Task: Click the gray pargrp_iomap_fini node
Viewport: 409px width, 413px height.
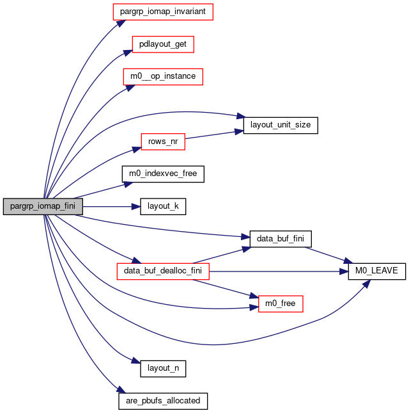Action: click(43, 206)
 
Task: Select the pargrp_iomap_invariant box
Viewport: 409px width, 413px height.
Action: click(163, 12)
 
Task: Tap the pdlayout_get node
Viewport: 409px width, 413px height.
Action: click(163, 44)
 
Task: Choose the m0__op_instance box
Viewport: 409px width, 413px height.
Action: click(163, 77)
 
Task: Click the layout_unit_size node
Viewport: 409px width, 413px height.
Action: click(281, 126)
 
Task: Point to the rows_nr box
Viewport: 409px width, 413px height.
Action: click(163, 142)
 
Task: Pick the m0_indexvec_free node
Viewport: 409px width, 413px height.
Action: click(163, 174)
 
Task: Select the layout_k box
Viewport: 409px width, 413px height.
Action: click(163, 206)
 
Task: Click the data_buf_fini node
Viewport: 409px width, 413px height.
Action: click(281, 239)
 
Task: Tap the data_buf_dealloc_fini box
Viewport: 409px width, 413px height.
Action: click(163, 271)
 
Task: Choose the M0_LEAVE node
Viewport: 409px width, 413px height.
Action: click(376, 271)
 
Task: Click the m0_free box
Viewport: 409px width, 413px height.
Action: click(281, 304)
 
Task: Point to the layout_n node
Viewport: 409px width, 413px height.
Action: click(163, 368)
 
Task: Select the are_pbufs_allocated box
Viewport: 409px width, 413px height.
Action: click(163, 401)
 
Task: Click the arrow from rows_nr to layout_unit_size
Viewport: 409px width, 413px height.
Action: click(214, 134)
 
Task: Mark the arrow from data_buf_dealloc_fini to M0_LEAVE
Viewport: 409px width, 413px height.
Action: click(279, 271)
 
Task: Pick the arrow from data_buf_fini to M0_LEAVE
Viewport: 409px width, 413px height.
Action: click(328, 255)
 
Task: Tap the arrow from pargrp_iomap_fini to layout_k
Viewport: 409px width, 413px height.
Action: click(111, 206)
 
